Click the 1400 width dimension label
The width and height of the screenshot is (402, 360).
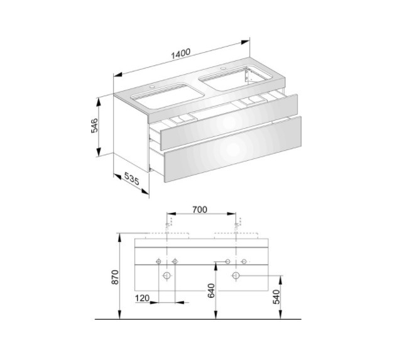(181, 53)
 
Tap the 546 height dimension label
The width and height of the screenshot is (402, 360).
(94, 125)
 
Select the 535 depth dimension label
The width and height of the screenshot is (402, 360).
(132, 178)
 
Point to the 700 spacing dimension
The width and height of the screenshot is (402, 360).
(200, 209)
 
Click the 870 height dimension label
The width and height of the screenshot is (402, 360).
(115, 276)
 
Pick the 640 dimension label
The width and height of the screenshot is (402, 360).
(211, 290)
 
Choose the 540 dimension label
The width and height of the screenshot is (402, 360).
(276, 297)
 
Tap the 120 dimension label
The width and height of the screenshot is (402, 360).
(142, 298)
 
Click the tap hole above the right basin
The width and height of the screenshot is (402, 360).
(222, 68)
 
